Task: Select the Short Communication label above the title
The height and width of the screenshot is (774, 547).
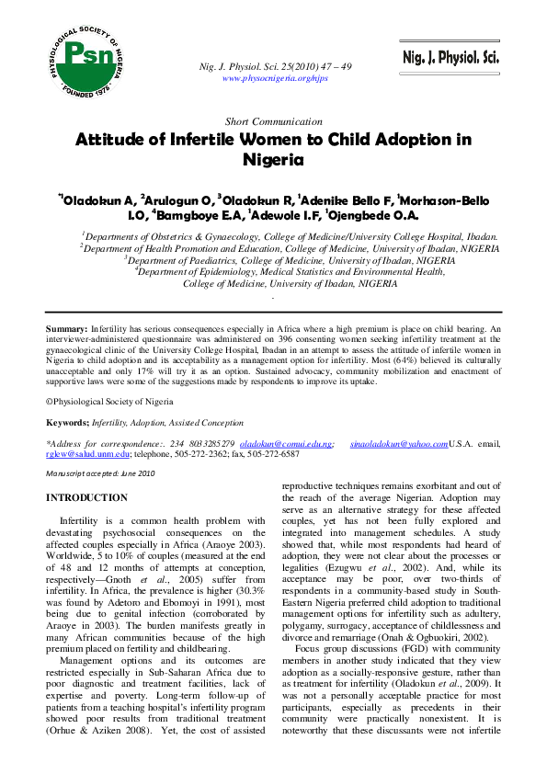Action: click(x=273, y=121)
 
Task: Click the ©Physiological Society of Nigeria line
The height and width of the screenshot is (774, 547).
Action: click(x=109, y=402)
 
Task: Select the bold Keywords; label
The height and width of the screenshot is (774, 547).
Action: click(x=67, y=422)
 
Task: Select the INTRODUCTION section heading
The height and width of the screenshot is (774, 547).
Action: click(x=86, y=498)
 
